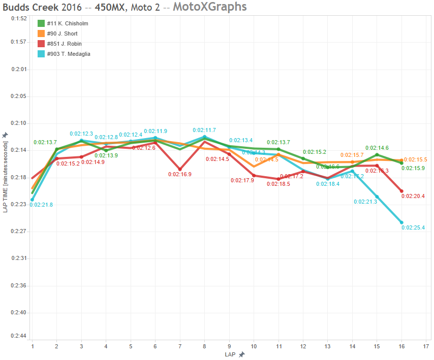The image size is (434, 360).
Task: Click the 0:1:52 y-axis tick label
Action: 19,18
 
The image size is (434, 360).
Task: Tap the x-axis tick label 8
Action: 204,346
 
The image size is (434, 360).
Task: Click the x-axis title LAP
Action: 230,354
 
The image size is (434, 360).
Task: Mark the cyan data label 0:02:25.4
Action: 413,228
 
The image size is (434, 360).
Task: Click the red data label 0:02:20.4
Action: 413,196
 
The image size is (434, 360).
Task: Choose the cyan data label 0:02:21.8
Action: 41,205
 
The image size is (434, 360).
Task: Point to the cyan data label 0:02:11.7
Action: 204,130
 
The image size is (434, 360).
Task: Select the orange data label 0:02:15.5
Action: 416,159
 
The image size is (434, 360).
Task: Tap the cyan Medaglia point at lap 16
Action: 401,222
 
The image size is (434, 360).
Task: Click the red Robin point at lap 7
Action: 180,169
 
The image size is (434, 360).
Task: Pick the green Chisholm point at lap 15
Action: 377,155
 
